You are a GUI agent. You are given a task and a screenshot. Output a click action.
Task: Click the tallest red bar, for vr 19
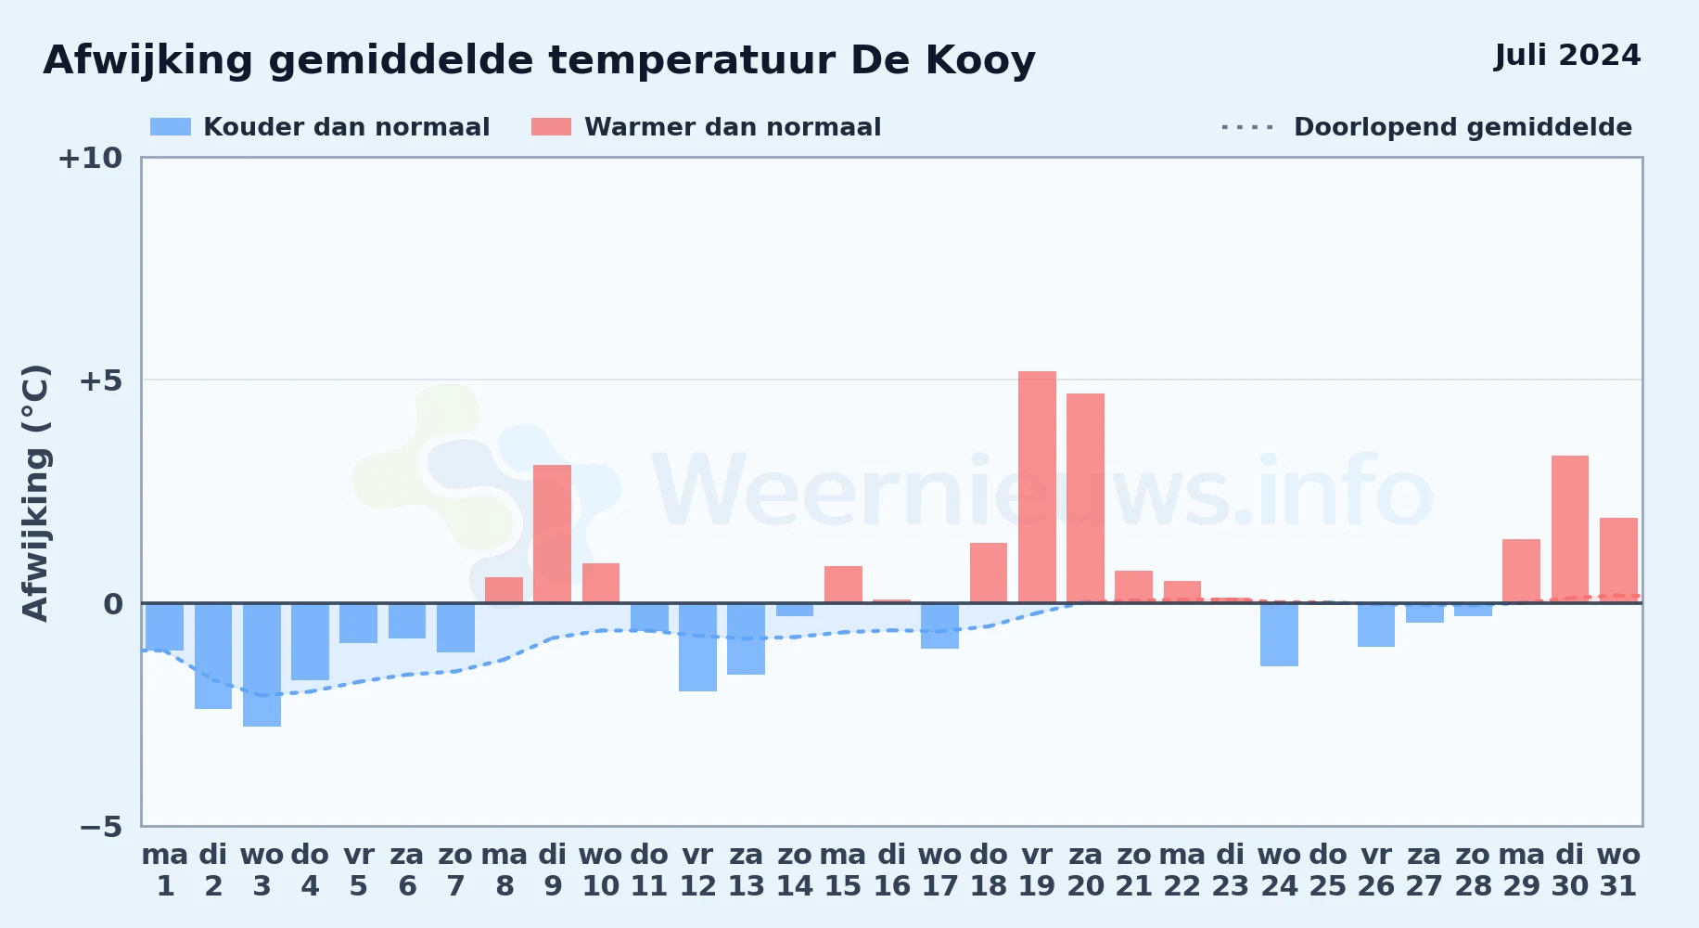point(1037,487)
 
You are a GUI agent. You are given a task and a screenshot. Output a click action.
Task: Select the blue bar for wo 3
point(262,664)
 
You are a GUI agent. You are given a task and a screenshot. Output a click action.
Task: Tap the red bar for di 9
point(552,534)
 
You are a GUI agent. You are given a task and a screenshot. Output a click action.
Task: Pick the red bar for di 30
point(1569,529)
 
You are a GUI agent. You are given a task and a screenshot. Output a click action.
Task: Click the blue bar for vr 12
point(697,647)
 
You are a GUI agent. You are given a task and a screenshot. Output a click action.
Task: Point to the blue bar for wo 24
point(1279,635)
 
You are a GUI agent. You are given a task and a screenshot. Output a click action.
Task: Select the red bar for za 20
point(1085,498)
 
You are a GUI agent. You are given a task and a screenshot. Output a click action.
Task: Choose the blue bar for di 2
point(213,656)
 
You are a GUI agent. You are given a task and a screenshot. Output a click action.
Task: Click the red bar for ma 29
point(1521,571)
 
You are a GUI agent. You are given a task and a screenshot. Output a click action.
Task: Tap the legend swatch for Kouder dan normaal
point(171,127)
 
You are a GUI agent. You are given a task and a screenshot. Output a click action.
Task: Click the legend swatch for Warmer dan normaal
point(551,127)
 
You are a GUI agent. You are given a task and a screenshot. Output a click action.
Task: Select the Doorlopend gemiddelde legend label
point(1463,127)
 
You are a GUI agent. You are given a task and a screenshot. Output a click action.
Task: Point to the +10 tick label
point(90,158)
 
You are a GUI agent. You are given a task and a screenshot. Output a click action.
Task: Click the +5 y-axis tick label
point(100,380)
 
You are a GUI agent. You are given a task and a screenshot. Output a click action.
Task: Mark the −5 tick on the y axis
point(100,826)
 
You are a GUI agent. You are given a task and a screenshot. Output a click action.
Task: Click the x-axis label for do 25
point(1327,870)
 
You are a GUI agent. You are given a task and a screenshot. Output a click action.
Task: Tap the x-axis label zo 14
point(794,870)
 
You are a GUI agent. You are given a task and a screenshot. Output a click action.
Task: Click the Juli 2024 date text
point(1567,56)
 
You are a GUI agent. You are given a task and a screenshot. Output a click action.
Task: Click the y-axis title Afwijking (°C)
point(35,492)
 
